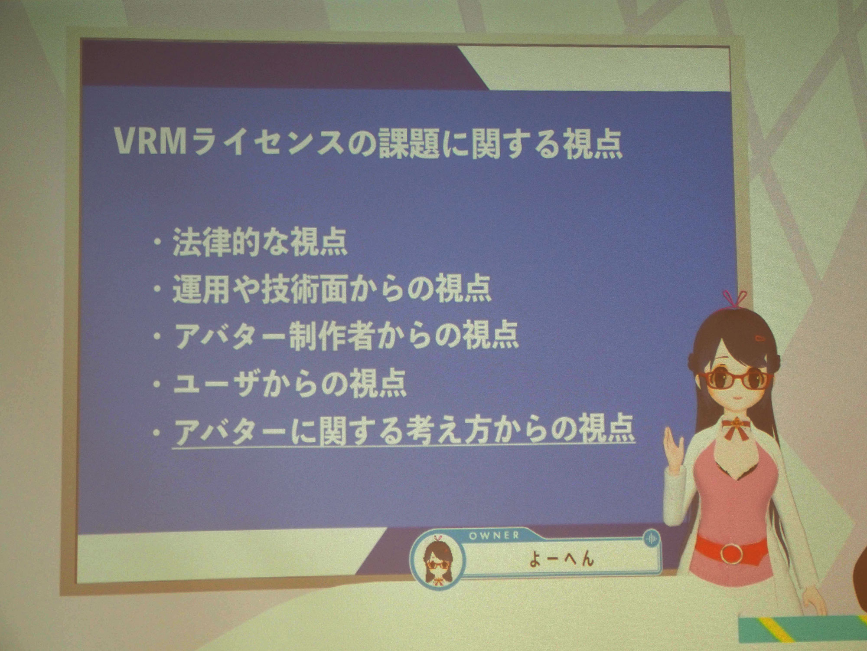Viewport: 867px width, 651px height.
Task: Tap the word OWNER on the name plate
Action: tap(494, 536)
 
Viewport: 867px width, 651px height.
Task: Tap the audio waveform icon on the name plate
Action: tap(652, 539)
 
